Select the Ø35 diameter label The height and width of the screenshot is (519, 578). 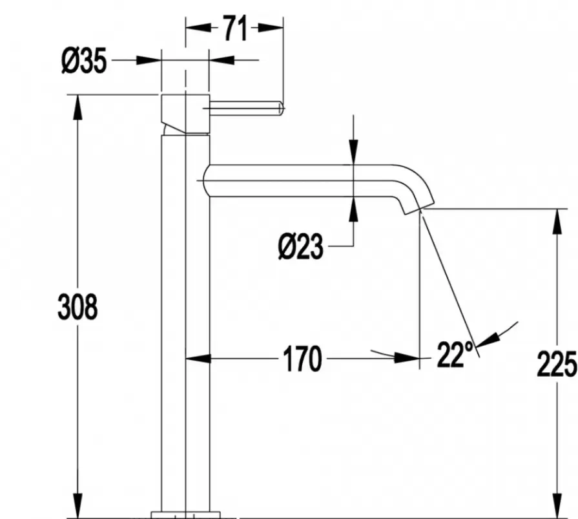click(85, 62)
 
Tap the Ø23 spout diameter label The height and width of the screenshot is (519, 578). click(301, 246)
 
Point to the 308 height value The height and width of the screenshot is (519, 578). click(77, 306)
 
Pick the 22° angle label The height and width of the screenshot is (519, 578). click(455, 354)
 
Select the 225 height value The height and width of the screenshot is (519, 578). click(557, 366)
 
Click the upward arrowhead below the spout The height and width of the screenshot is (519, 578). click(354, 206)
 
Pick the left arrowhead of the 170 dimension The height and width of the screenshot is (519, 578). click(196, 357)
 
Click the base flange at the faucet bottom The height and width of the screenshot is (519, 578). click(185, 514)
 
